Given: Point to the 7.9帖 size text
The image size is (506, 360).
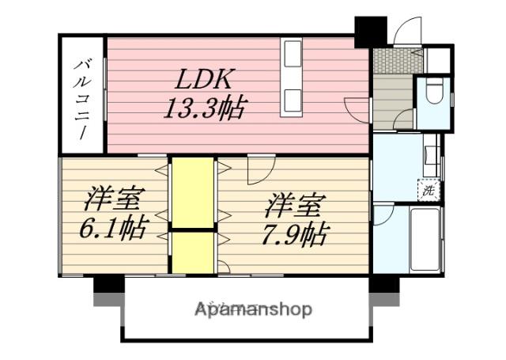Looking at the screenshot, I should coord(293,233).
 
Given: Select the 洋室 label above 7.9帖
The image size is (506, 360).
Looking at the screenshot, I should coord(293,206).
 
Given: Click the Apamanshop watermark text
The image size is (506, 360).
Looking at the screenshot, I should coord(254,309).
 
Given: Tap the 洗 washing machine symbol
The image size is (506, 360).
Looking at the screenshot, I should coord(428,190).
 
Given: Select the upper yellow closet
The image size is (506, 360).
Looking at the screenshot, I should coord(193,193).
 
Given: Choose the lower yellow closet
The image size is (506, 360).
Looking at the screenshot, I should coord(193,253).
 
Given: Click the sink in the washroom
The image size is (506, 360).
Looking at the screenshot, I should coord(432,155).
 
